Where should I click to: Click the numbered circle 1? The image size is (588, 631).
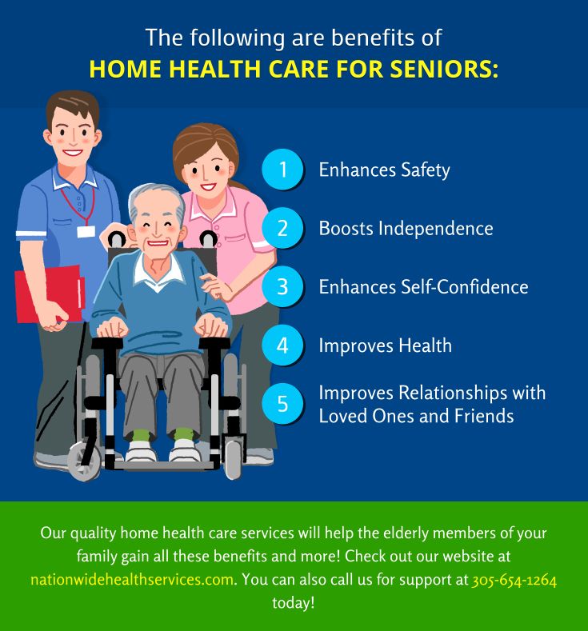click(282, 170)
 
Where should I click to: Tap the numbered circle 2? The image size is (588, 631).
click(282, 228)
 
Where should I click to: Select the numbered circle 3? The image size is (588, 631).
click(282, 286)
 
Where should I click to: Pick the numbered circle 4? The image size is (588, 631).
click(282, 345)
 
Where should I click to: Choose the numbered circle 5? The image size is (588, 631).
click(282, 404)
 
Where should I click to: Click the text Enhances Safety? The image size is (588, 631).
click(384, 170)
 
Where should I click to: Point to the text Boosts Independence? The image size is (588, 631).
click(406, 228)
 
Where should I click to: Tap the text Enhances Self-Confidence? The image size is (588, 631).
click(423, 286)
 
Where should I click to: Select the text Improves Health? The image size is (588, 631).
click(385, 345)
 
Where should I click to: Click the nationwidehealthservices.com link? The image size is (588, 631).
click(132, 579)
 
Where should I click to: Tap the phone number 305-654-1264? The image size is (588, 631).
click(514, 579)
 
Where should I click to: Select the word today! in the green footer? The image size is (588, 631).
click(294, 602)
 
